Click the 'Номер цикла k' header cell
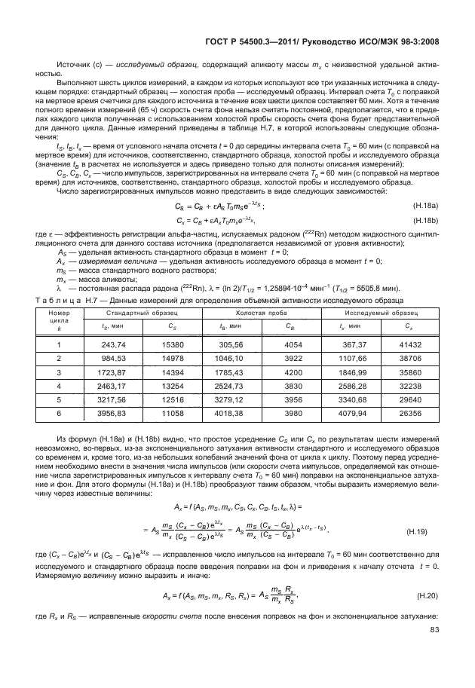(59, 320)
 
